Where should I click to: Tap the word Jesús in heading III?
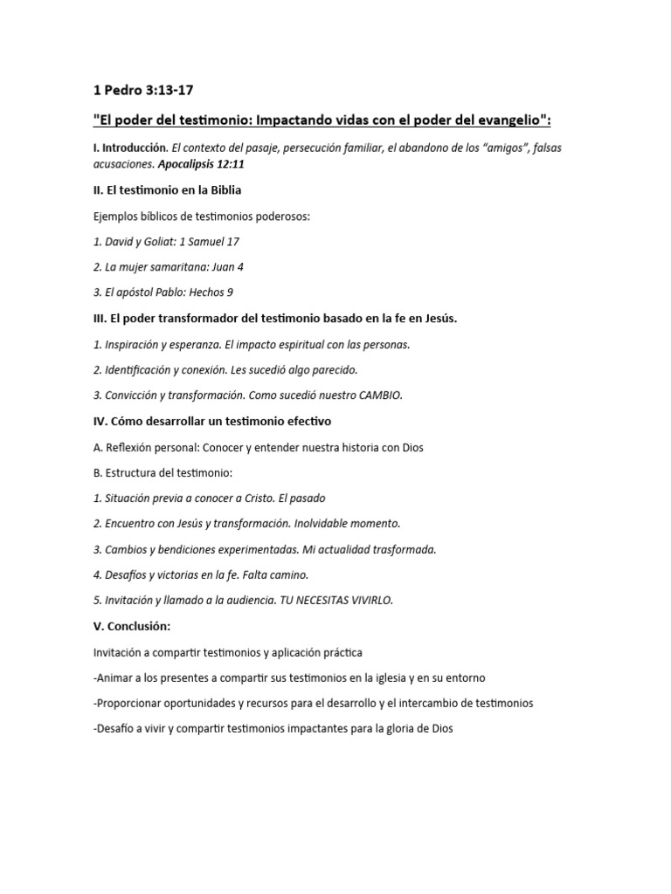click(437, 318)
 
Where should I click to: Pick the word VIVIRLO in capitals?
click(370, 601)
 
